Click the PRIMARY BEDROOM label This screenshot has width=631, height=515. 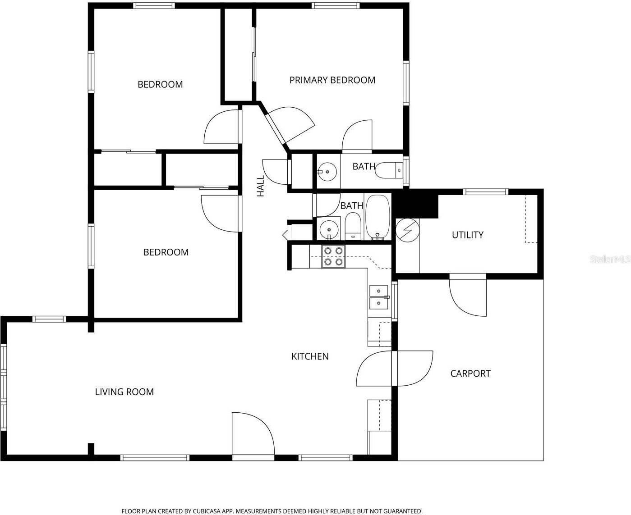[x=332, y=80]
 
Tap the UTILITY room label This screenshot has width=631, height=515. [x=467, y=235]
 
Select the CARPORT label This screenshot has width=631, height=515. [x=470, y=374]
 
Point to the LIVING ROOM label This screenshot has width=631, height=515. [x=124, y=392]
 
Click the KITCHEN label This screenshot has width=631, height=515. [x=310, y=356]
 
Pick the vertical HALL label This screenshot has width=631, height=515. [x=261, y=186]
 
